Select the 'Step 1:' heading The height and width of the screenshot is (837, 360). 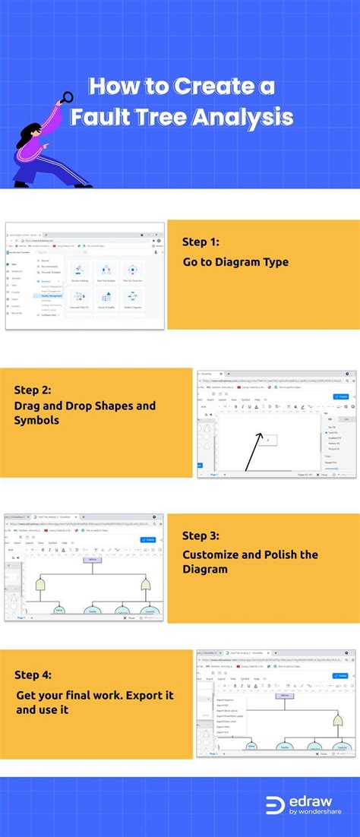click(201, 242)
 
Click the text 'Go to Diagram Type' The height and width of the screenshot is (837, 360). click(235, 262)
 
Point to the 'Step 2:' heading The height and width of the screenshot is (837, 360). click(33, 390)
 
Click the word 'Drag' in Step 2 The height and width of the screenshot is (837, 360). click(30, 406)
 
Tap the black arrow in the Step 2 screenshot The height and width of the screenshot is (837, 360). click(254, 451)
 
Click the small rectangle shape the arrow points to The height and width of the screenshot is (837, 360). click(271, 439)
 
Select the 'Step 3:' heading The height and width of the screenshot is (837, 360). click(201, 535)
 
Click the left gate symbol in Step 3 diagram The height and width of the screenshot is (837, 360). click(40, 584)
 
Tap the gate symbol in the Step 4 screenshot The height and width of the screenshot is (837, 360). click(337, 721)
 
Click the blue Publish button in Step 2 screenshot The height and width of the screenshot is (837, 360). click(342, 396)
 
